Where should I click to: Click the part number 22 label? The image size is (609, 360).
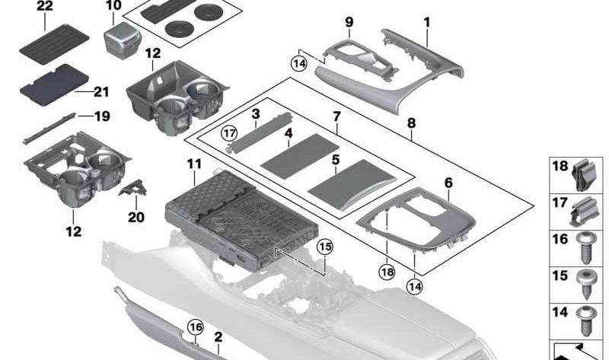pos(45,7)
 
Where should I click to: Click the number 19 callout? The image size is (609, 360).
pos(102,116)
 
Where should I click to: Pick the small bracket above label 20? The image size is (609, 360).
pos(135,183)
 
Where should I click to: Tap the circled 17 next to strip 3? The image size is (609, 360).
pos(228,132)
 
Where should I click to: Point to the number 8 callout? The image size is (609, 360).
pos(411,121)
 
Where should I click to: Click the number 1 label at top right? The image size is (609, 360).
pos(427,22)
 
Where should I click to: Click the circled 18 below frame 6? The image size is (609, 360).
pos(387,270)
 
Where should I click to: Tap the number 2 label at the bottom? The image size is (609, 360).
pos(218,336)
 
